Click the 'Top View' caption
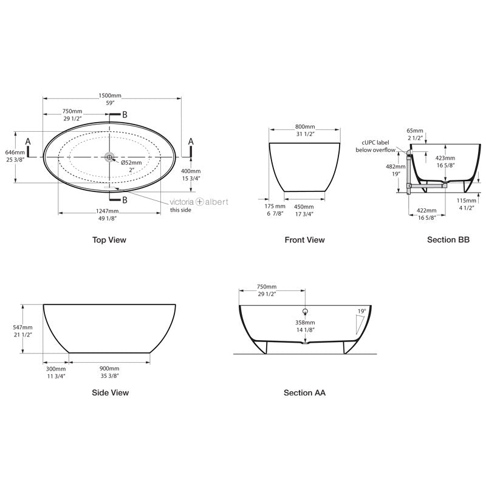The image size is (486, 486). [109, 240]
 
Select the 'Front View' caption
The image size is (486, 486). [304, 240]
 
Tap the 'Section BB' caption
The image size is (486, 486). [448, 240]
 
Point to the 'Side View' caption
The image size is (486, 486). [110, 392]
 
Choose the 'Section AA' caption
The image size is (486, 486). [304, 392]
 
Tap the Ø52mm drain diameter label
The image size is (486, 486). [131, 163]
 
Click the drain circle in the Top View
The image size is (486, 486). [110, 157]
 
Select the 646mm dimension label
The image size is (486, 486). [15, 152]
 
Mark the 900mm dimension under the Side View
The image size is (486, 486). [109, 369]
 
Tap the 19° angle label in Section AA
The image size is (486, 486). [362, 311]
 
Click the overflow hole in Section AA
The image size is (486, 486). [305, 312]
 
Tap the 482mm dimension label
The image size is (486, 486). [395, 166]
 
